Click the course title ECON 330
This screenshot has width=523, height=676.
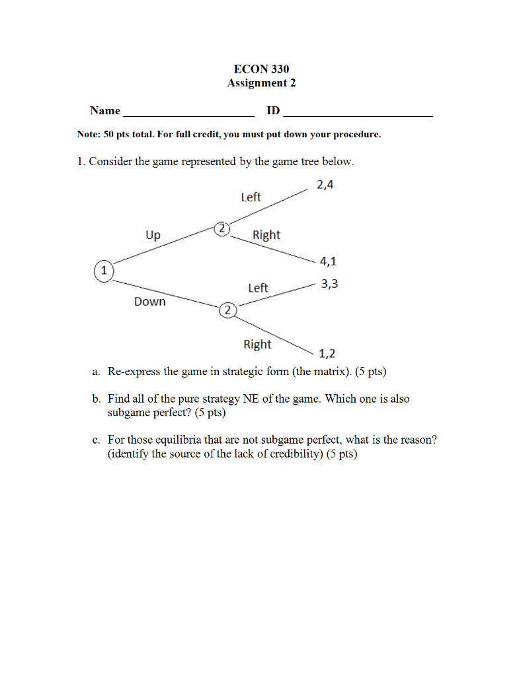pyautogui.click(x=261, y=69)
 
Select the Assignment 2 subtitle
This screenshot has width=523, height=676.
pyautogui.click(x=261, y=83)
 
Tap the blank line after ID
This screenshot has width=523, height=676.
pyautogui.click(x=358, y=112)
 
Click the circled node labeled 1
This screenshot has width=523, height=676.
pyautogui.click(x=104, y=271)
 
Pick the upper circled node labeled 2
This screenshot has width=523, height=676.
pyautogui.click(x=222, y=228)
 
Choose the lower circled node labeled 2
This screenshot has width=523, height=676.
pyautogui.click(x=227, y=310)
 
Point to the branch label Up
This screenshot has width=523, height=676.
pyautogui.click(x=153, y=235)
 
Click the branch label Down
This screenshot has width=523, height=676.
pyautogui.click(x=150, y=302)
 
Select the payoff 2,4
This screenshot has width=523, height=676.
pyautogui.click(x=325, y=185)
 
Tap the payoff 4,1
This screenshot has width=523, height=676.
pyautogui.click(x=329, y=261)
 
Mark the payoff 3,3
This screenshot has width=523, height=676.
pyautogui.click(x=329, y=285)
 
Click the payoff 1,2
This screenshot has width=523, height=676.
pyautogui.click(x=327, y=355)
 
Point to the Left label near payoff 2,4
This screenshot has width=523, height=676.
pyautogui.click(x=251, y=197)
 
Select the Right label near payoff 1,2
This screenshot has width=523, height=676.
pyautogui.click(x=257, y=345)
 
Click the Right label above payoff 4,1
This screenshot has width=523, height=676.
pyautogui.click(x=266, y=235)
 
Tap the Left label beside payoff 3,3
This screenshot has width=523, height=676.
pyautogui.click(x=258, y=288)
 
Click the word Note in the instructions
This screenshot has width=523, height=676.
pyautogui.click(x=87, y=135)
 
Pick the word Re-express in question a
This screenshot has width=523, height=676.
pyautogui.click(x=134, y=372)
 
